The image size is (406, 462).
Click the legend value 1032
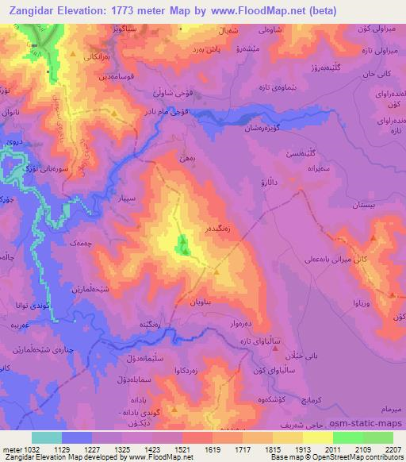pyautogui.click(x=29, y=448)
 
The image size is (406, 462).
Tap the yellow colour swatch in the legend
pyautogui.click(x=317, y=437)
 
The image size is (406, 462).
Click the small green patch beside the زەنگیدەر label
pyautogui.click(x=183, y=246)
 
